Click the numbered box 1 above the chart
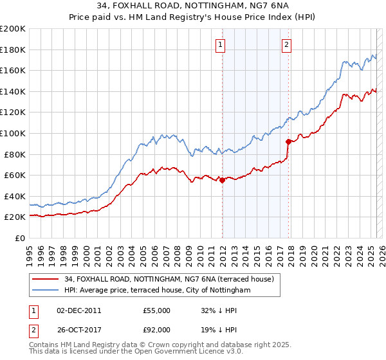tap(221, 45)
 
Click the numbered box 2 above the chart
tap(286, 45)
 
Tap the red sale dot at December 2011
tap(223, 181)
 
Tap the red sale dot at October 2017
tap(288, 141)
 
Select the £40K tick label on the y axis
tap(15, 196)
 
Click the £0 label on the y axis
tap(21, 238)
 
